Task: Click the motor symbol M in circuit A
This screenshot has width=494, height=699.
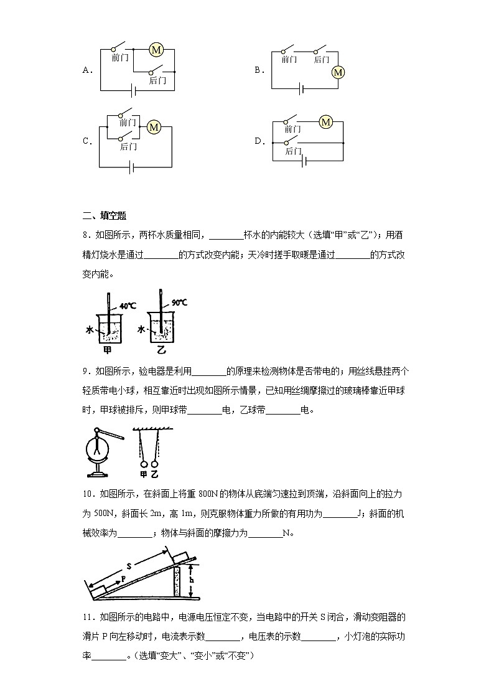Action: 157,50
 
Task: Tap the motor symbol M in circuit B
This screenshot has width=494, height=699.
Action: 338,73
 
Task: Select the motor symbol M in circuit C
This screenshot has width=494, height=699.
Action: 154,127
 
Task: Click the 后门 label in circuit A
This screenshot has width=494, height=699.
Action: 157,81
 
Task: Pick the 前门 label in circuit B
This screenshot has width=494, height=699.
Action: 289,60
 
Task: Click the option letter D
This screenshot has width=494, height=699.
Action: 259,141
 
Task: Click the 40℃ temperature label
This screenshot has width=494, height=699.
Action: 128,306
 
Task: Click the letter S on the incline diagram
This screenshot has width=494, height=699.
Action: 129,566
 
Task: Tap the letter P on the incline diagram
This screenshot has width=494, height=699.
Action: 123,578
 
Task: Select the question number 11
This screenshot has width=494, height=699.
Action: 88,617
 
